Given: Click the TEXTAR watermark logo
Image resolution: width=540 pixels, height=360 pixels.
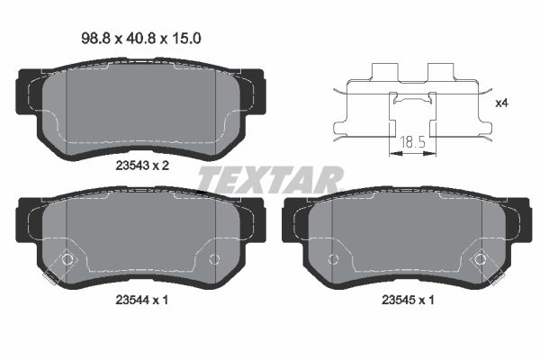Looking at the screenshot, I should point(270,179).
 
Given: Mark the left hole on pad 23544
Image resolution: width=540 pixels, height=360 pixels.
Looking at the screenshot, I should point(66,259).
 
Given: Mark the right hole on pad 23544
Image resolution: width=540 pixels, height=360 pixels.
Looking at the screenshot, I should point(214,259).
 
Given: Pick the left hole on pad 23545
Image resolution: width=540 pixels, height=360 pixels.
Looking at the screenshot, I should point(333,259).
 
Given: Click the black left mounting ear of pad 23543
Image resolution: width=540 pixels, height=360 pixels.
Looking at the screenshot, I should point(24,90).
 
